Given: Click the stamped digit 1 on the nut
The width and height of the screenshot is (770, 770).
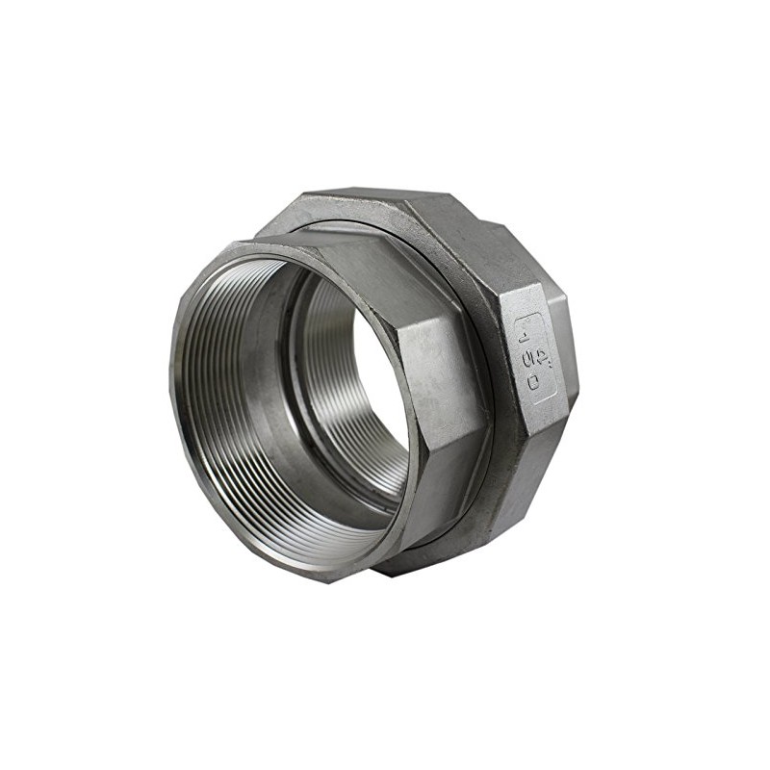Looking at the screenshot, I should (523, 339).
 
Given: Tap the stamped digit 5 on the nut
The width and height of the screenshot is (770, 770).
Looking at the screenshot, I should (528, 358).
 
